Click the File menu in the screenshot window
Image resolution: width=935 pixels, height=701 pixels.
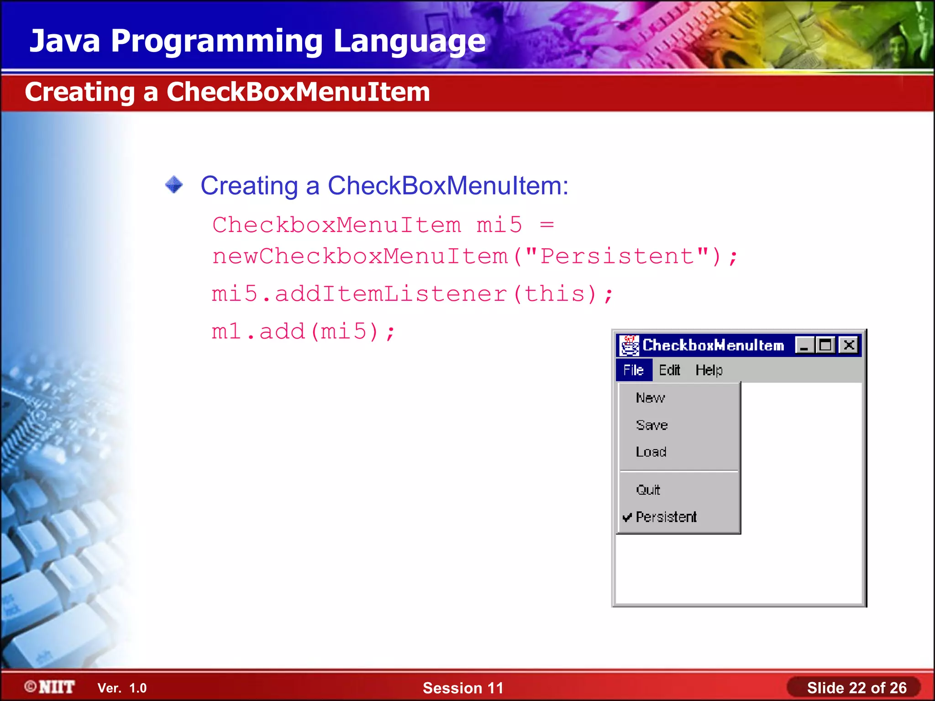click(634, 370)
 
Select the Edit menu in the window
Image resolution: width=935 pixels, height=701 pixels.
click(669, 370)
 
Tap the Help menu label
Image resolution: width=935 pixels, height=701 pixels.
click(709, 370)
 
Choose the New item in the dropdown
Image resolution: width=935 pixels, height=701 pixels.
click(651, 398)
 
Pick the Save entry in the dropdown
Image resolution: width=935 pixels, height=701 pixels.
click(652, 425)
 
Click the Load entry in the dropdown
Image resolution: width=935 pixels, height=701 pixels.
click(651, 452)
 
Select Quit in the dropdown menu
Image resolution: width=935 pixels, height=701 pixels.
click(648, 490)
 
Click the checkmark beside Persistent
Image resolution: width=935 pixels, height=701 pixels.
click(627, 517)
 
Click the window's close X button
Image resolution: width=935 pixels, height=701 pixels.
click(849, 345)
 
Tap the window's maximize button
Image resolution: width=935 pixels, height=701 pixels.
click(825, 345)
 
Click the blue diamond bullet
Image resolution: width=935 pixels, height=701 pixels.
click(174, 185)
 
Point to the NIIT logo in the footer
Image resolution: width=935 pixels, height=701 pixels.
click(50, 687)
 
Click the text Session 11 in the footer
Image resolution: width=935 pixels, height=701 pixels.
click(463, 688)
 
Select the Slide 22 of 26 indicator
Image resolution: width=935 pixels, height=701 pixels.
click(856, 688)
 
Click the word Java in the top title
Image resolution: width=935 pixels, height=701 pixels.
click(65, 41)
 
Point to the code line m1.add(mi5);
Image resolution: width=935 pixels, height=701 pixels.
click(303, 331)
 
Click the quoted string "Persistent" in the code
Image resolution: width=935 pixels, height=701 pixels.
click(617, 256)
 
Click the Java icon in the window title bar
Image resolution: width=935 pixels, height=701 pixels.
click(630, 345)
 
